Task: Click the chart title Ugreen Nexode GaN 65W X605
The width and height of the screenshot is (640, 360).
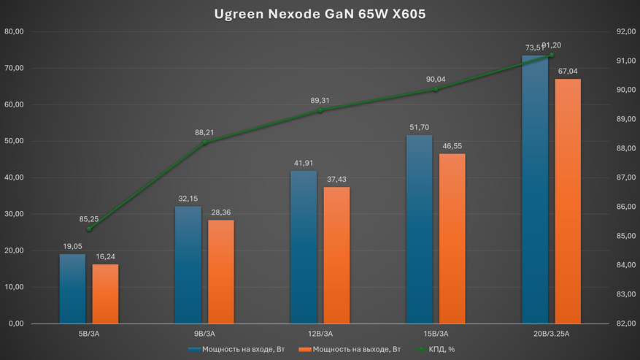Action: (x=320, y=15)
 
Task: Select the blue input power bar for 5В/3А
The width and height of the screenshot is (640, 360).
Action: (x=72, y=288)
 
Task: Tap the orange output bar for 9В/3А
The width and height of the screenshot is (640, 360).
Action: (x=220, y=271)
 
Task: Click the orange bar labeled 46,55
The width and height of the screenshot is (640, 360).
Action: (x=452, y=238)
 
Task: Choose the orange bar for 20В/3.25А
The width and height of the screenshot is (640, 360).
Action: (x=568, y=201)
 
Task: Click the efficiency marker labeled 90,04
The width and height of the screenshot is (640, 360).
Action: (x=436, y=89)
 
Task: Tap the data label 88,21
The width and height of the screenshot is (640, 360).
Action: (x=205, y=133)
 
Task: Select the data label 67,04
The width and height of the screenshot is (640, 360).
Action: (x=568, y=72)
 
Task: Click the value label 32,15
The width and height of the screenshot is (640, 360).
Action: (x=188, y=199)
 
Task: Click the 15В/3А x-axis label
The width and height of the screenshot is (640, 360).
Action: (x=436, y=333)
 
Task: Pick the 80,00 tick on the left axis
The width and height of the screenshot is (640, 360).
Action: (x=15, y=31)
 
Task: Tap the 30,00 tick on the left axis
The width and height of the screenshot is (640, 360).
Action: (x=15, y=214)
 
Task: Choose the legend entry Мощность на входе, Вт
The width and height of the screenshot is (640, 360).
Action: (x=238, y=349)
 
